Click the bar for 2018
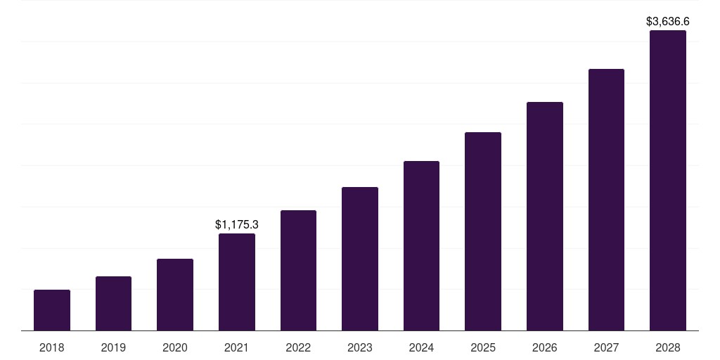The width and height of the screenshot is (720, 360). (x=52, y=310)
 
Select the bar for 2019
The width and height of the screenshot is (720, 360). (x=113, y=304)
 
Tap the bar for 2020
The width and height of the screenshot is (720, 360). (x=175, y=295)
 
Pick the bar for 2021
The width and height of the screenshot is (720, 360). (x=237, y=282)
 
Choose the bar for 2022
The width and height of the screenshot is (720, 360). (x=298, y=271)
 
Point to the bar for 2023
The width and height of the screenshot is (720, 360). (x=360, y=259)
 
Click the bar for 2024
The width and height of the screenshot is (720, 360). (x=421, y=246)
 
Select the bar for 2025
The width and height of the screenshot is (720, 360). (x=483, y=231)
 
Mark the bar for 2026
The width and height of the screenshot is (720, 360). (x=545, y=217)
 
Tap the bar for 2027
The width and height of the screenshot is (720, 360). (x=606, y=200)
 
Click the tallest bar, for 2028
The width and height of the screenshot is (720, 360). (x=668, y=181)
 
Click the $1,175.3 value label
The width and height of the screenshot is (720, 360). (x=237, y=225)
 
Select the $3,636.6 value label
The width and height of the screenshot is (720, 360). (x=668, y=22)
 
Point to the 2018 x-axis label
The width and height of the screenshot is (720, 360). (x=52, y=347)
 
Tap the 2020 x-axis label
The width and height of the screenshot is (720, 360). (x=175, y=347)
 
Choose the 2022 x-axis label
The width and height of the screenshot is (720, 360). (x=298, y=347)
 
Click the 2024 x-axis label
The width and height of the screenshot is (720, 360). (x=421, y=347)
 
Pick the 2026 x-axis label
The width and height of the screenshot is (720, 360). (x=545, y=347)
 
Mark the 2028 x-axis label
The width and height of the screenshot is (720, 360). (x=668, y=347)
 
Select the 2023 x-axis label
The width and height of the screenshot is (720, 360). (x=360, y=347)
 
